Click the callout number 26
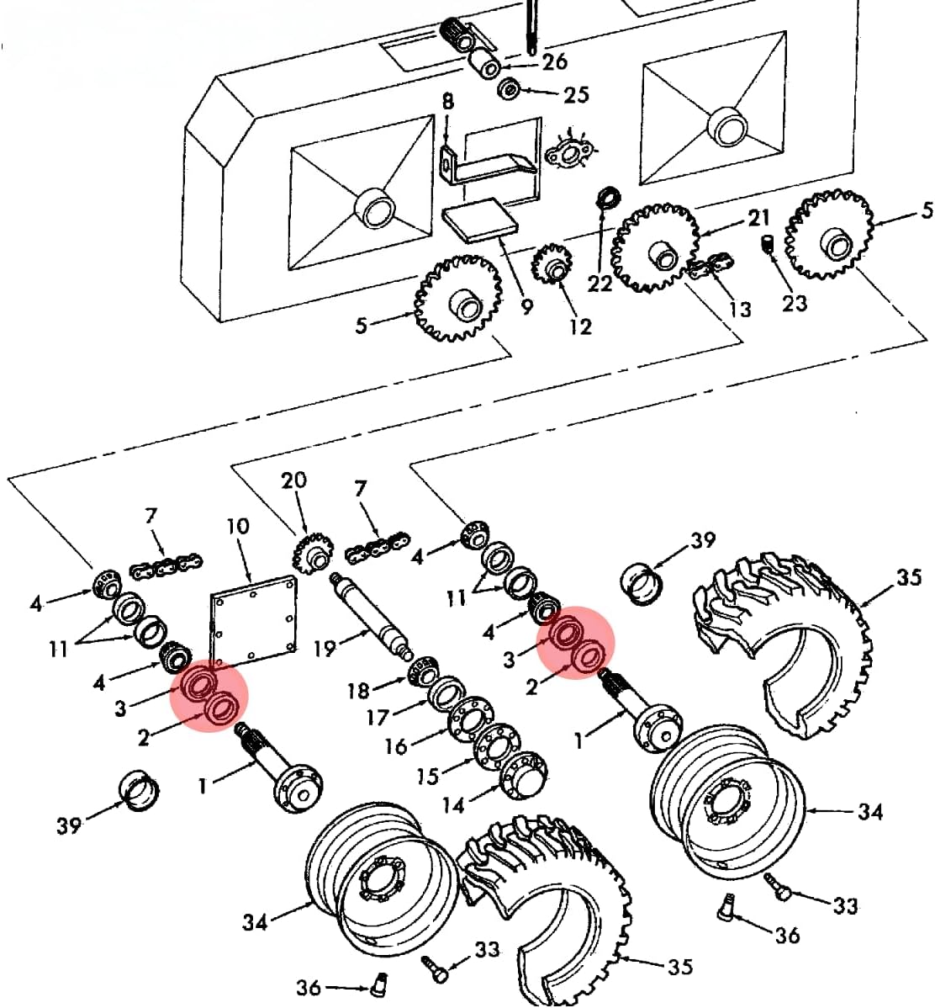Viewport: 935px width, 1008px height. click(554, 61)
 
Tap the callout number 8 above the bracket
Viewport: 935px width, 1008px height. click(447, 102)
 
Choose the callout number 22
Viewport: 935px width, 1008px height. click(600, 284)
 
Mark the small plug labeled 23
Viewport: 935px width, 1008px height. click(767, 245)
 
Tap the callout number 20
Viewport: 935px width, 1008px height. click(293, 480)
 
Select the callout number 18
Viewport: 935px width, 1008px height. click(359, 691)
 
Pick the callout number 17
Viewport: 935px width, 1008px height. click(378, 717)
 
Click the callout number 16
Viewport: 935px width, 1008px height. click(395, 745)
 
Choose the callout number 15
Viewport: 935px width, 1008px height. click(427, 775)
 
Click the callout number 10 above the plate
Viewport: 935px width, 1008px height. click(238, 527)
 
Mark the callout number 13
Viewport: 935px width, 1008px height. click(740, 310)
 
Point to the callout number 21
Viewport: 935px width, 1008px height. click(759, 218)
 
